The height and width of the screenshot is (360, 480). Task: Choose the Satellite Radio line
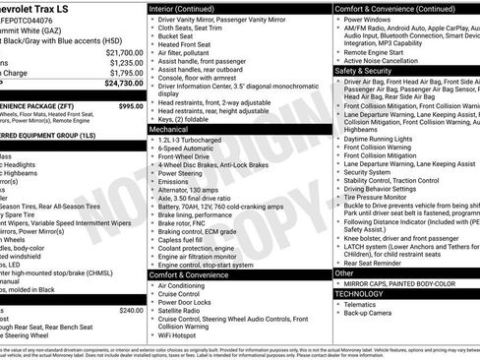(x=185, y=309)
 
